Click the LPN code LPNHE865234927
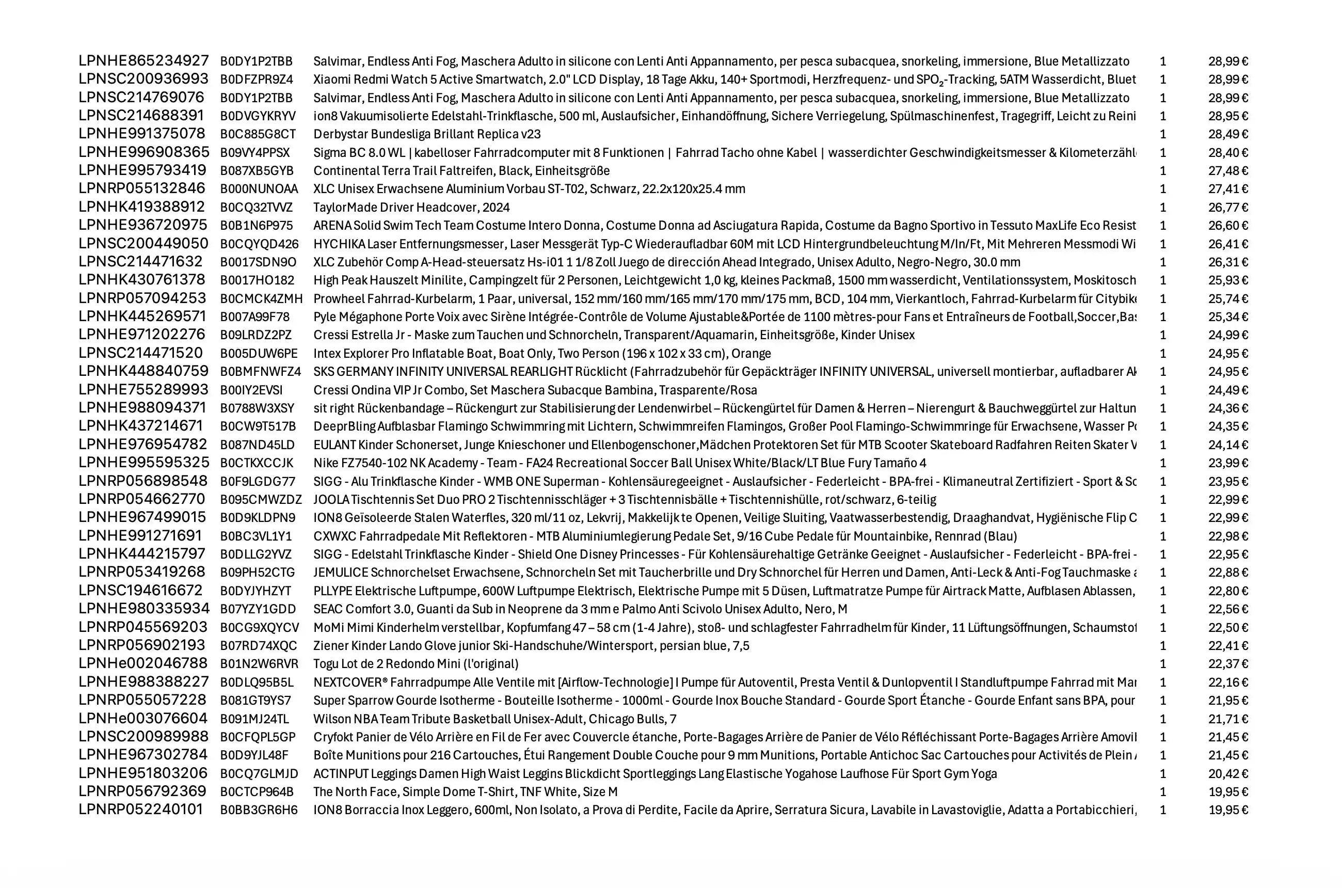pyautogui.click(x=143, y=60)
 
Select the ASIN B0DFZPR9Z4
pyautogui.click(x=257, y=80)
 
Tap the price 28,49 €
pyautogui.click(x=1227, y=134)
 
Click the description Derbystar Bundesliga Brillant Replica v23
pyautogui.click(x=427, y=134)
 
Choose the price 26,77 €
pyautogui.click(x=1227, y=207)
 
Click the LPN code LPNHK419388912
pyautogui.click(x=141, y=207)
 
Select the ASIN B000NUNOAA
pyautogui.click(x=259, y=188)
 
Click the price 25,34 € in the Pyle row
pyautogui.click(x=1227, y=316)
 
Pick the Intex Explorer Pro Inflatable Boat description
pyautogui.click(x=542, y=353)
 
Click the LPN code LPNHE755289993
pyautogui.click(x=143, y=390)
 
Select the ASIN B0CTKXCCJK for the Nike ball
pyautogui.click(x=257, y=463)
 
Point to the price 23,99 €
pyautogui.click(x=1227, y=463)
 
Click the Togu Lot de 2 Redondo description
pyautogui.click(x=416, y=664)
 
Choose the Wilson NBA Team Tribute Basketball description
pyautogui.click(x=495, y=719)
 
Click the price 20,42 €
pyautogui.click(x=1227, y=773)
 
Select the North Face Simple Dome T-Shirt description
pyautogui.click(x=466, y=792)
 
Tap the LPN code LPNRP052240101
pyautogui.click(x=140, y=810)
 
